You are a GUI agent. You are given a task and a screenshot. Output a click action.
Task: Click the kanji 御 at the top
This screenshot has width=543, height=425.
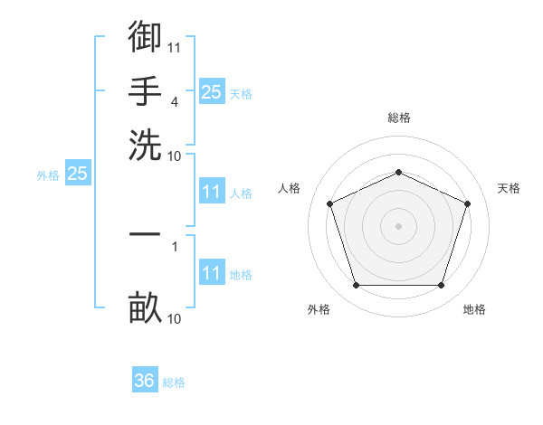tap(145, 36)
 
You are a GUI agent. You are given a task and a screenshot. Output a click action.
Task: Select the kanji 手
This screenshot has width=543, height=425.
tap(145, 90)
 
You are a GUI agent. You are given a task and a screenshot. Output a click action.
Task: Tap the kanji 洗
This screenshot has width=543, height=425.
tap(145, 145)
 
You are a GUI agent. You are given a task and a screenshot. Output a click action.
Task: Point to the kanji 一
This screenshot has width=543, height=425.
tap(145, 234)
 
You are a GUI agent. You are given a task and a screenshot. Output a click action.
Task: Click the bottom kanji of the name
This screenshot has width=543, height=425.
tap(145, 307)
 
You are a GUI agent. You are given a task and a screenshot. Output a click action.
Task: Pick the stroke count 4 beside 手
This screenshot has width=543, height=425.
tap(175, 102)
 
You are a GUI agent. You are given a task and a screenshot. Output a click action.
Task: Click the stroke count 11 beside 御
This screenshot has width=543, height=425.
tap(174, 48)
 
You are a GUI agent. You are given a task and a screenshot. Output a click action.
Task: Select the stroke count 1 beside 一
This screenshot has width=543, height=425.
tap(175, 247)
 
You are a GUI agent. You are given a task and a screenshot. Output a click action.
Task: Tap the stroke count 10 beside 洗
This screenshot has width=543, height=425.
tap(174, 156)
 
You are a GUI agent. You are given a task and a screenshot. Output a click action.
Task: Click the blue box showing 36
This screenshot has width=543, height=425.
tap(145, 379)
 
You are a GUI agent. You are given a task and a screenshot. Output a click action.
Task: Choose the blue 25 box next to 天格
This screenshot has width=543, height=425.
tap(212, 91)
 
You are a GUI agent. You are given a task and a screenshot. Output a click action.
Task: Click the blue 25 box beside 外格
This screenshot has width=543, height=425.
tap(78, 173)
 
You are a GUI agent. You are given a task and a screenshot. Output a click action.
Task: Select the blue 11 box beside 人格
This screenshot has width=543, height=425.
tap(212, 191)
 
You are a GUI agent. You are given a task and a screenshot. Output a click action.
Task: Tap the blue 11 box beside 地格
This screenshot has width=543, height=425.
tap(212, 271)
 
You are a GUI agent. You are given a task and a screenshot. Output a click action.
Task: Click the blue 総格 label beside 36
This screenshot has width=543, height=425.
tap(174, 382)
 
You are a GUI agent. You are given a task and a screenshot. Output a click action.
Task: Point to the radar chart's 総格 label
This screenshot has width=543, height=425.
tap(399, 118)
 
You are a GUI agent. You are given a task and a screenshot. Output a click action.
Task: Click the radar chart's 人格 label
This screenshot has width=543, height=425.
tap(289, 188)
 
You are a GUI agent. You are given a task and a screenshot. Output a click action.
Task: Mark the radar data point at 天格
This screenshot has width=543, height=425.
tap(467, 203)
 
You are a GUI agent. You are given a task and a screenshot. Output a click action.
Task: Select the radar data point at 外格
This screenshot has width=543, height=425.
tap(357, 285)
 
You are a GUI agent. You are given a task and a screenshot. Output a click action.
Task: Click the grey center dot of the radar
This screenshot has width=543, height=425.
tap(398, 226)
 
